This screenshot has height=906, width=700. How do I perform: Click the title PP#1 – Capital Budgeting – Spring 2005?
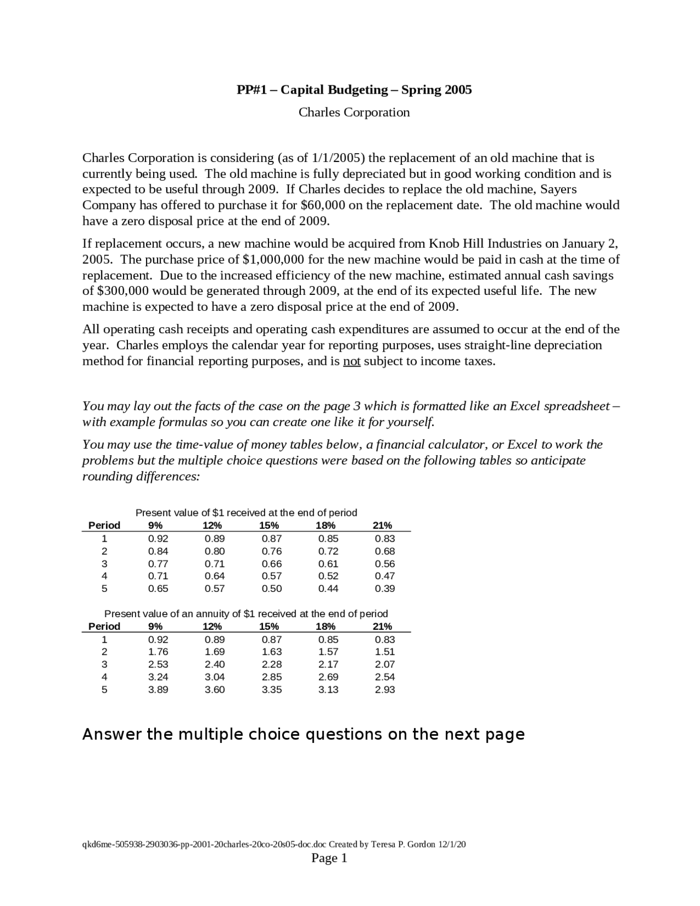point(354,90)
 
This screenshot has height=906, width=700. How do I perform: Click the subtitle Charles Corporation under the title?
point(354,112)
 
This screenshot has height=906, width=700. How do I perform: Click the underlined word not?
point(352,362)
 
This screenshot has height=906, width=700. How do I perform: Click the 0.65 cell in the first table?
point(158,589)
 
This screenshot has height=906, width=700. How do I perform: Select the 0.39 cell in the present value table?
point(384,589)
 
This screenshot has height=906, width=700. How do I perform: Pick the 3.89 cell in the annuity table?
point(158,690)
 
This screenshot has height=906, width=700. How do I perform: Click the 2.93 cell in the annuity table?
point(384,690)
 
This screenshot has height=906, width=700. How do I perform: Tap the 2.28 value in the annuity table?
point(272,665)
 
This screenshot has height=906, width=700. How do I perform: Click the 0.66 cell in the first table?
point(272,564)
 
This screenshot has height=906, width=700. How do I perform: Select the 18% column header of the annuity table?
point(325,626)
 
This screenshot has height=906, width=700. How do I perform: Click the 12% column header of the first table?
point(212,525)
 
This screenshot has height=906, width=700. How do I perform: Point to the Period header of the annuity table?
point(104,626)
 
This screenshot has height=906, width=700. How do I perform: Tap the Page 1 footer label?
point(329,858)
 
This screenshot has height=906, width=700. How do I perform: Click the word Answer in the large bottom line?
point(112,734)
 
